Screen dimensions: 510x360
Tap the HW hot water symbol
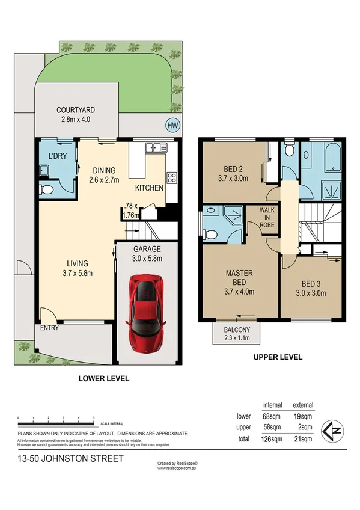click(172, 125)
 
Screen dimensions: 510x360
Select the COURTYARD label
click(76, 110)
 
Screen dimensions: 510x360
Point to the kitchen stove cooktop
click(171, 177)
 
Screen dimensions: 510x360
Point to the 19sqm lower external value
click(302, 416)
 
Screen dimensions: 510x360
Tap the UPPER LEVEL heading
click(278, 357)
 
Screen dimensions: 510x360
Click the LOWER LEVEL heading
click(104, 379)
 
